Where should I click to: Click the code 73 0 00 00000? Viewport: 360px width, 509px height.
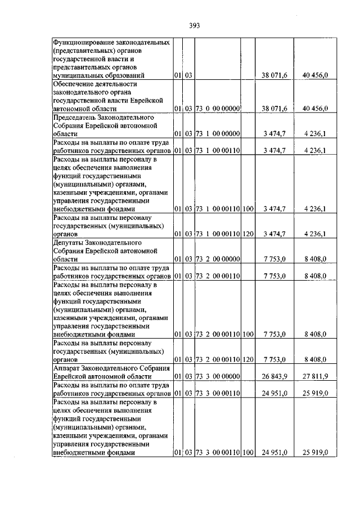coord(218,108)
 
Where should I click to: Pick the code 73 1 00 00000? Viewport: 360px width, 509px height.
coord(218,133)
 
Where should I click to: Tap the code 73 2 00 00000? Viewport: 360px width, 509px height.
coord(218,259)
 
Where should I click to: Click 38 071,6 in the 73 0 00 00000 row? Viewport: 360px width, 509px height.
coord(275,108)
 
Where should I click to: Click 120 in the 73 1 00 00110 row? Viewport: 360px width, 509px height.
coord(248,233)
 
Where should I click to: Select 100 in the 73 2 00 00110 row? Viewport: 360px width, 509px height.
coord(248,334)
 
